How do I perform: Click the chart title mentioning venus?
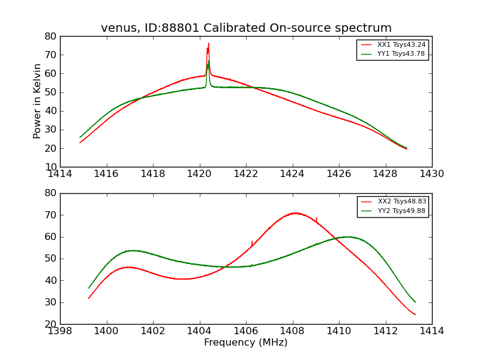(246, 28)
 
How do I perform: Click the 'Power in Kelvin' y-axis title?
(38, 101)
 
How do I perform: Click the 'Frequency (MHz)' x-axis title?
(246, 343)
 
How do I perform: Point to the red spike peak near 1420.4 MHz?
(208, 43)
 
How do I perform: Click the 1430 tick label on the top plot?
(432, 174)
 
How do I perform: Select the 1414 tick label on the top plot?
(60, 174)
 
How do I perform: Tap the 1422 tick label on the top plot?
(246, 174)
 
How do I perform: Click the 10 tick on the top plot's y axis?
(51, 167)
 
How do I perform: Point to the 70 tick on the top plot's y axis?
(51, 55)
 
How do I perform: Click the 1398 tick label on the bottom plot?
(60, 331)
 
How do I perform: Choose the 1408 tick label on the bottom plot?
(292, 331)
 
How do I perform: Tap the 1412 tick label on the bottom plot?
(385, 331)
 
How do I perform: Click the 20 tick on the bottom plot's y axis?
(51, 324)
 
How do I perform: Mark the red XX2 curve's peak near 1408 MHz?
(295, 213)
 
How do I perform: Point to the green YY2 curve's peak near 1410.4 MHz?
(347, 236)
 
